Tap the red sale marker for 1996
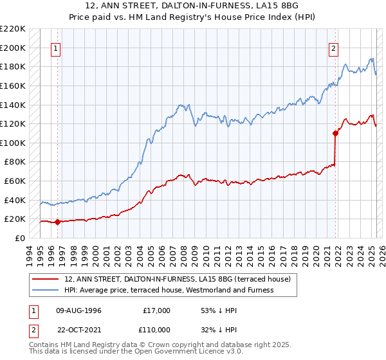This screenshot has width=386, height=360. click(57, 222)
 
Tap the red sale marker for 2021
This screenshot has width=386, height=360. click(335, 134)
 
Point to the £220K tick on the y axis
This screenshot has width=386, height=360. click(13, 29)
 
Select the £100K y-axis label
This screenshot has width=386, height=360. click(13, 143)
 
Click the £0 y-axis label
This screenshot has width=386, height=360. click(21, 238)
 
